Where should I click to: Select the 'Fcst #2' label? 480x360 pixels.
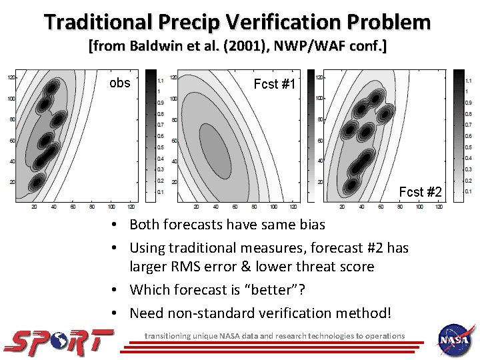[420, 193]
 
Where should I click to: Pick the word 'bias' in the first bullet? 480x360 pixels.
[310, 225]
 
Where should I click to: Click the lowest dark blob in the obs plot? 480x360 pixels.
[38, 180]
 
